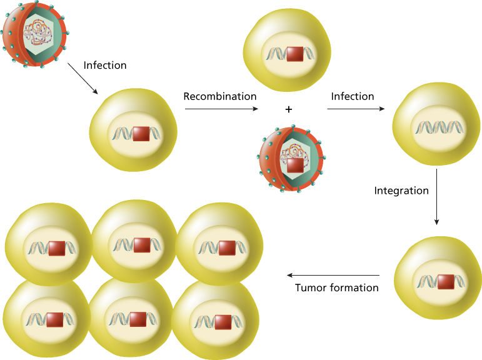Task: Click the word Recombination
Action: coord(220,96)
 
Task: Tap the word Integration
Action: coord(401,190)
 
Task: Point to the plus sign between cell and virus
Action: coord(288,109)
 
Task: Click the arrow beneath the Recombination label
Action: coord(221,109)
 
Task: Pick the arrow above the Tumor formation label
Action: coord(333,275)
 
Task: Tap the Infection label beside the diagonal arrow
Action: coord(105,64)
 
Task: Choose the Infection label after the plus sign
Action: coord(353,96)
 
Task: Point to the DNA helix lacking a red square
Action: coord(435,128)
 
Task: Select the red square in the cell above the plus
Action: coord(294,54)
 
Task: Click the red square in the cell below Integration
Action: coord(445,281)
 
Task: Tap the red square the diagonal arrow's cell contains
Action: coord(141,133)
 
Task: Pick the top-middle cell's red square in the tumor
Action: coord(142,246)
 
